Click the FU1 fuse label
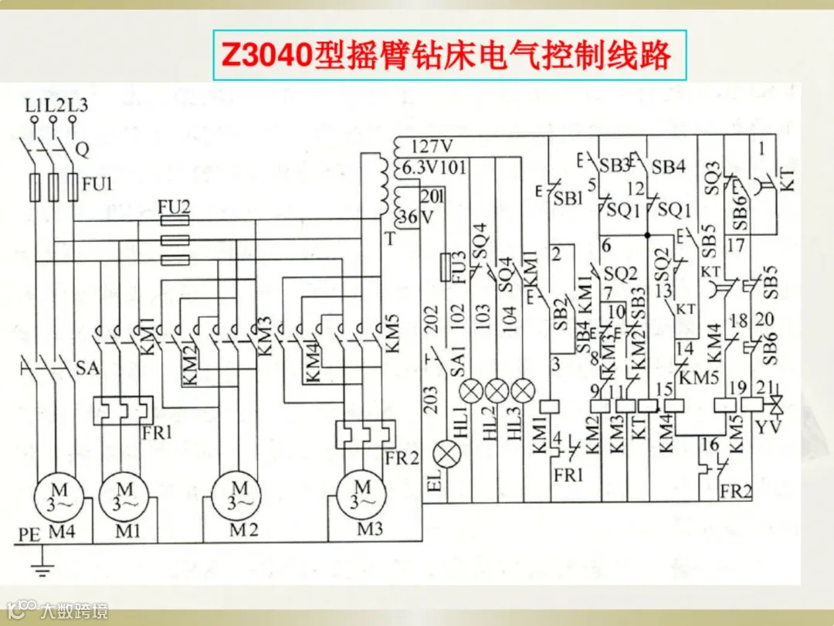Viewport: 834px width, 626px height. pos(97,185)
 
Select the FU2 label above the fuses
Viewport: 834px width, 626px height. pos(173,206)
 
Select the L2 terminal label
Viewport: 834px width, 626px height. pos(55,106)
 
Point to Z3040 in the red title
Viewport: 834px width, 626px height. pos(266,56)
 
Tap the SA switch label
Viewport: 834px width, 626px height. pos(87,369)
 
